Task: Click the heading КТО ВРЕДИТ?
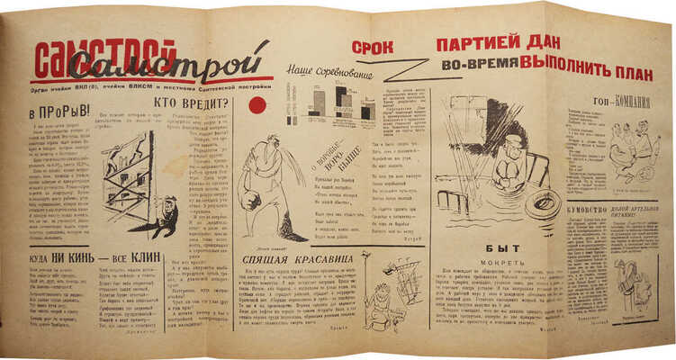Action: [x=203, y=103]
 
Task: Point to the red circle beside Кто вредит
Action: [x=257, y=106]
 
